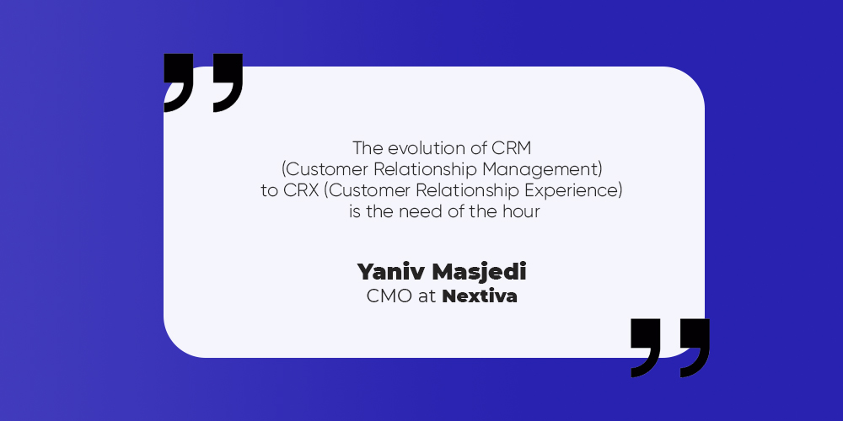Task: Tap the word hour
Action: coord(522,211)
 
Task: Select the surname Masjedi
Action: coord(480,272)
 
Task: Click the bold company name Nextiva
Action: coord(480,296)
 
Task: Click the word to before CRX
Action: coord(270,191)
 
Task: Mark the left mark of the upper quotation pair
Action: coord(179,81)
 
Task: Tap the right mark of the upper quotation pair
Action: coord(228,81)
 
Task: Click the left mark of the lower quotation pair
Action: coord(646,346)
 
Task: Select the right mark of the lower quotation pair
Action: coord(695,346)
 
